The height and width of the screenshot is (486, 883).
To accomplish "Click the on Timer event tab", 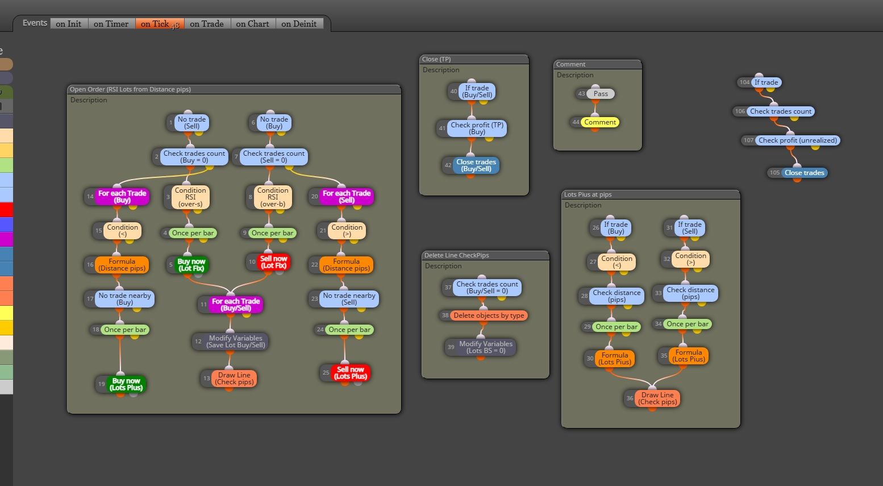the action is click(x=111, y=24).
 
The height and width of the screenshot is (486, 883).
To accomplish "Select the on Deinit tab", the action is click(x=299, y=24).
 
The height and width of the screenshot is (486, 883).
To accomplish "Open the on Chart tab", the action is click(x=253, y=24).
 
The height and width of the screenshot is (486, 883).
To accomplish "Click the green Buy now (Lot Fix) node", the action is click(x=191, y=265).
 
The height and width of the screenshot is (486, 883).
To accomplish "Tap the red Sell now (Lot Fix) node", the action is click(x=273, y=262).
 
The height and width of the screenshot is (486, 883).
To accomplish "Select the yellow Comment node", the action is click(x=600, y=122).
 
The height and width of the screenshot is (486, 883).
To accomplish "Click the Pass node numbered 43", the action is click(x=601, y=94).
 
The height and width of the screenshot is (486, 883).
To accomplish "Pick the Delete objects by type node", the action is click(x=489, y=315).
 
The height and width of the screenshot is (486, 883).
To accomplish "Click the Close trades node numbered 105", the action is click(x=804, y=173).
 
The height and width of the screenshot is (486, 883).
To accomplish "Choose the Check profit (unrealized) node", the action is click(x=797, y=140).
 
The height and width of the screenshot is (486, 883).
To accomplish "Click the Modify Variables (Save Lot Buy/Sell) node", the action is click(x=235, y=342).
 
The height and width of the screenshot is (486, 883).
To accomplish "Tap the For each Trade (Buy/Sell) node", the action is click(x=236, y=305).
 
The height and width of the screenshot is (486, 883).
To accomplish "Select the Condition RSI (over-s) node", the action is click(x=190, y=197).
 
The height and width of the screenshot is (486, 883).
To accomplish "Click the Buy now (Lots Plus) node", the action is click(x=126, y=384).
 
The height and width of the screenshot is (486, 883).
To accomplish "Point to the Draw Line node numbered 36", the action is click(x=657, y=398).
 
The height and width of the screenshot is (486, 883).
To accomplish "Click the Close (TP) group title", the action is click(x=436, y=59).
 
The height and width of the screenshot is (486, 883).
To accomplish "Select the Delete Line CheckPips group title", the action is click(x=456, y=255).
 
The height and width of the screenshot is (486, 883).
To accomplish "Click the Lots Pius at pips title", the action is click(x=588, y=194).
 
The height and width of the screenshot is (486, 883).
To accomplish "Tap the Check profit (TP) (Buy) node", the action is click(x=477, y=128).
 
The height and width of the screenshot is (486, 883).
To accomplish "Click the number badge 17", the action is click(x=90, y=298).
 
